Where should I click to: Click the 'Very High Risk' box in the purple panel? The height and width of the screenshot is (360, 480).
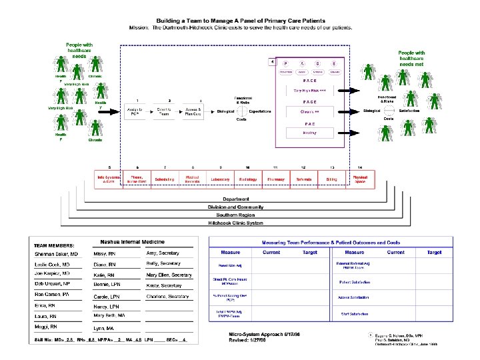point(309,90)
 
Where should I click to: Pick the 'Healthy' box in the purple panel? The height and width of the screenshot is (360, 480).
point(309,133)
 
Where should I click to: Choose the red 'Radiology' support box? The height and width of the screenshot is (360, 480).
point(247,179)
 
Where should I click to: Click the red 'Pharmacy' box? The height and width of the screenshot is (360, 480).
point(275,179)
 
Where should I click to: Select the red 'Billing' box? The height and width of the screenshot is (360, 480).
point(331,179)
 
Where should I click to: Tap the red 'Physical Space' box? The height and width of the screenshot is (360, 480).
point(360,179)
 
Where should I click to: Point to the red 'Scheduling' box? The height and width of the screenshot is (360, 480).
point(164,179)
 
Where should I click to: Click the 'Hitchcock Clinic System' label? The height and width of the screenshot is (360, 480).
point(236,223)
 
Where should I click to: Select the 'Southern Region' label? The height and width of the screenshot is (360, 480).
point(236,215)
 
